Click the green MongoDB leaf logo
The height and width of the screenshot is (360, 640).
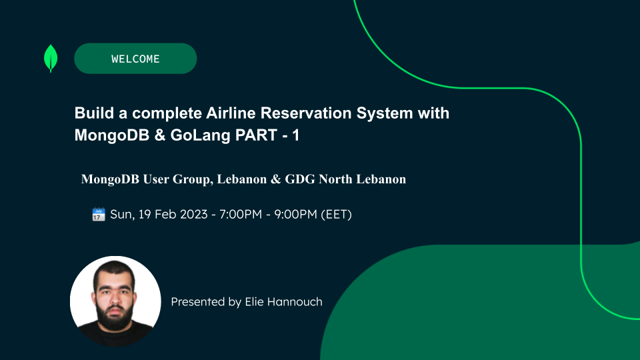[x=51, y=58]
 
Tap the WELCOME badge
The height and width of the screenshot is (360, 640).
[x=135, y=59]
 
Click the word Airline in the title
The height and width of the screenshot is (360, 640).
[x=231, y=113]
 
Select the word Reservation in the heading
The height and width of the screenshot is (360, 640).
[x=306, y=113]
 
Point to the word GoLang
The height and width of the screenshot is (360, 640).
[x=201, y=135]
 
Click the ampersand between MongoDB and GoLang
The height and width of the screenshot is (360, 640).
[x=159, y=135]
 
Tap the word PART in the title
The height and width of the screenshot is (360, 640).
[x=256, y=135]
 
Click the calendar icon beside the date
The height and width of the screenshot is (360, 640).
[x=99, y=214]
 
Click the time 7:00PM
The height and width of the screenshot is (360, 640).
[x=241, y=214]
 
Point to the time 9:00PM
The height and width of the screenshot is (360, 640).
[x=295, y=214]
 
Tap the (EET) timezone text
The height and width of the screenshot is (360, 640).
[x=336, y=214]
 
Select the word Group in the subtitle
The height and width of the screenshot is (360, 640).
[x=191, y=179]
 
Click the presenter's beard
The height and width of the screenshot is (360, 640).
[x=115, y=315]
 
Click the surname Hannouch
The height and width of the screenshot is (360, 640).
[x=284, y=301]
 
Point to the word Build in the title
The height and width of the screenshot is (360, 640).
[x=94, y=113]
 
